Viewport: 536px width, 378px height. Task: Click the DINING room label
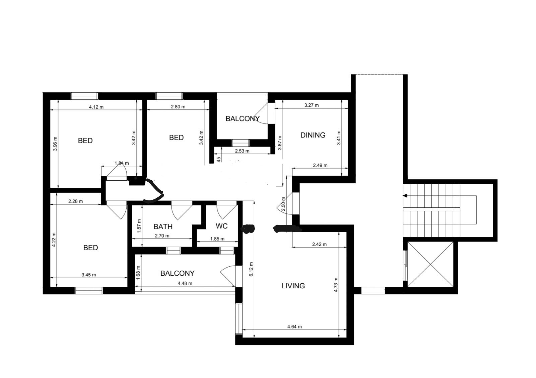[x=313, y=135]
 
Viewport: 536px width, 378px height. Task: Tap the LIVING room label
[x=293, y=286]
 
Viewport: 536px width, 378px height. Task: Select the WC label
[x=221, y=226]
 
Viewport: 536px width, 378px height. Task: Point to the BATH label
[x=163, y=226]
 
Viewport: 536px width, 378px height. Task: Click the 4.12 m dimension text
[x=96, y=107]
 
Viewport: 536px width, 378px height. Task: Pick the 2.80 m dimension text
[x=178, y=107]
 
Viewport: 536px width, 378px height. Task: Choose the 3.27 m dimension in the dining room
[x=312, y=105]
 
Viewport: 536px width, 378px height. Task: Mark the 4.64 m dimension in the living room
[x=294, y=326]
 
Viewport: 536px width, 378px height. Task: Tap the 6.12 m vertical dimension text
[x=251, y=269]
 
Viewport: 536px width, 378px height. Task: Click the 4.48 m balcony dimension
[x=185, y=283]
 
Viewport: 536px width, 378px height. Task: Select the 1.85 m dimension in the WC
[x=217, y=239]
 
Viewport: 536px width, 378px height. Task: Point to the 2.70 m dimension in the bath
[x=162, y=236]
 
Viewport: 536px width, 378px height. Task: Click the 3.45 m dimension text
[x=89, y=275]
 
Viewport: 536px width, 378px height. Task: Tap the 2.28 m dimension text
[x=76, y=201]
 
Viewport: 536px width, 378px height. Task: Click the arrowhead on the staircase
[x=405, y=196]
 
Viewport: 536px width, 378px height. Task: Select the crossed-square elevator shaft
[x=430, y=264]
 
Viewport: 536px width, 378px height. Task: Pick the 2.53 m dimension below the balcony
[x=242, y=151]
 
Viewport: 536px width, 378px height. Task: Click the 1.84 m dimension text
[x=122, y=163]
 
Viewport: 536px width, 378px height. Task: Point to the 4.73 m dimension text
[x=336, y=285]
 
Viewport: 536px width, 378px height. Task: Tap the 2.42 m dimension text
[x=320, y=244]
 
